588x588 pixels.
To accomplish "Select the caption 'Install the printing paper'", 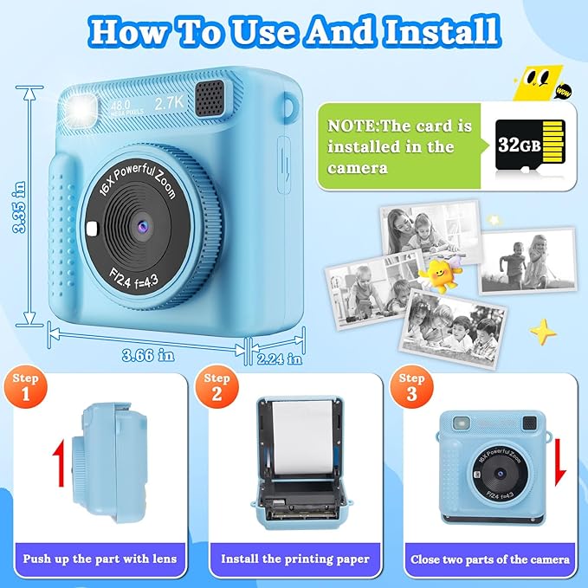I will coord(294,559).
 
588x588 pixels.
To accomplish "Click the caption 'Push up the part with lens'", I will coord(100,559).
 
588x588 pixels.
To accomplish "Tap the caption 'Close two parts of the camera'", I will coord(489,559).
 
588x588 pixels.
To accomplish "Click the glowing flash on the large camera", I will coord(89,109).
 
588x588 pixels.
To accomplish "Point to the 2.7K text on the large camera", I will coord(171,102).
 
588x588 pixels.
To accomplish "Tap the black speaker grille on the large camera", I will coord(210,96).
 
